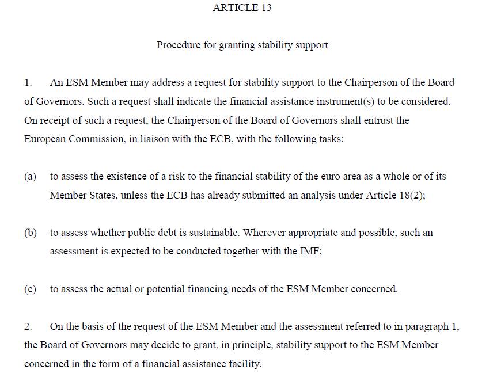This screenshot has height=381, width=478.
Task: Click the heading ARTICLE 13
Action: (x=242, y=7)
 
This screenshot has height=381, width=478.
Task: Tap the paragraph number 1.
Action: (x=28, y=82)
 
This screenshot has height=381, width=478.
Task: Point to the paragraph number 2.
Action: (x=28, y=326)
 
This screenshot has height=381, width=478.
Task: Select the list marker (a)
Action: (x=30, y=176)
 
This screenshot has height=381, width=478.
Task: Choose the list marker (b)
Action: (x=31, y=233)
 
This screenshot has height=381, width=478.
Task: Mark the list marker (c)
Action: (x=30, y=289)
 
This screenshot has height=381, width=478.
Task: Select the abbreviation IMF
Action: (x=310, y=252)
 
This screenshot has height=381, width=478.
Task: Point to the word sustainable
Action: (x=214, y=233)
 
